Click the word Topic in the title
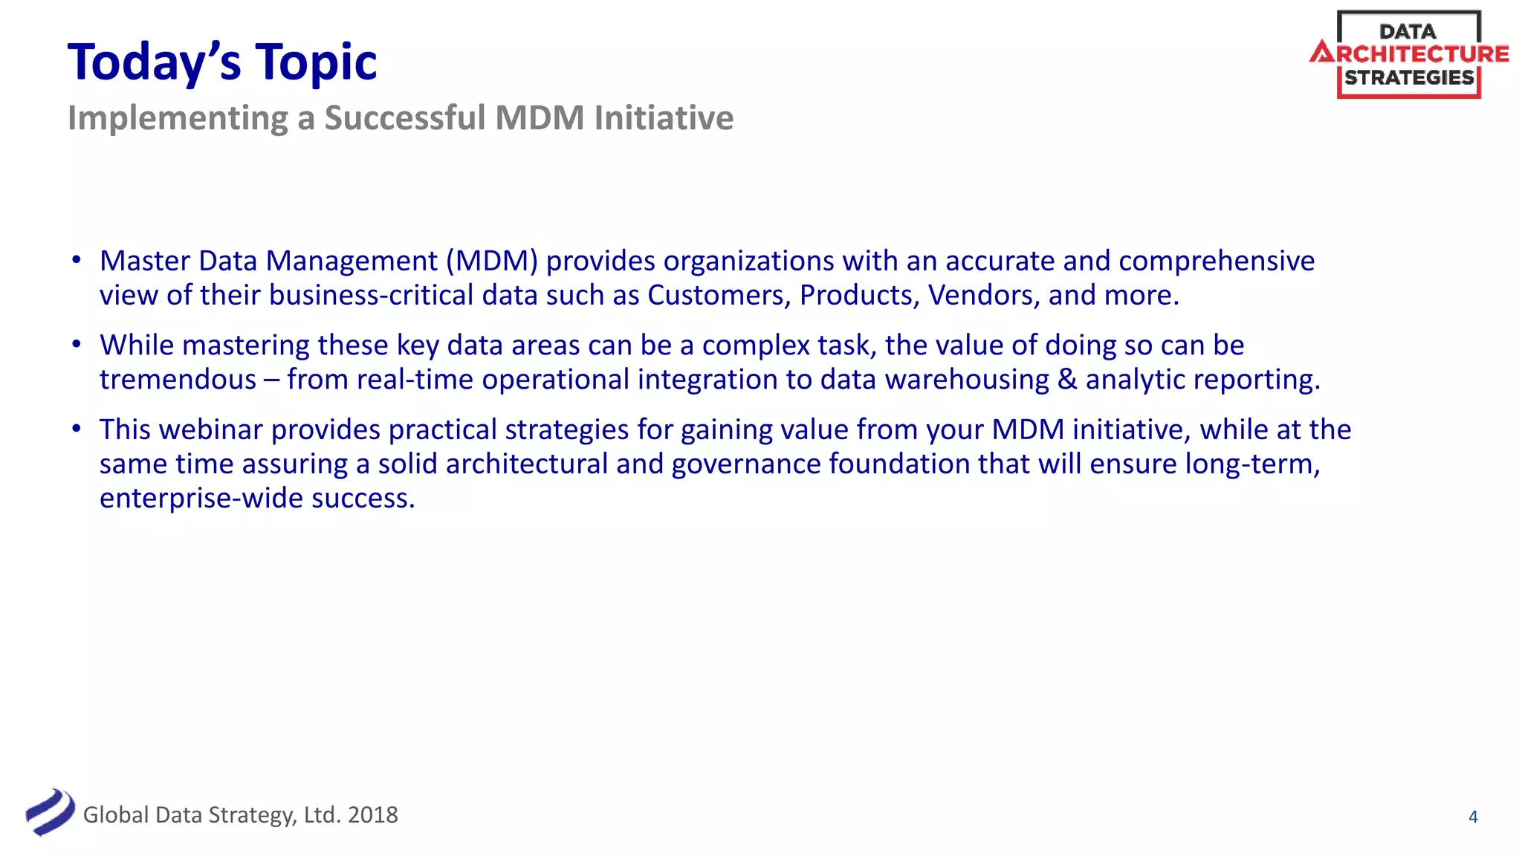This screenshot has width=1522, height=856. pyautogui.click(x=316, y=62)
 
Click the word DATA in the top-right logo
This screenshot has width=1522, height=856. pyautogui.click(x=1408, y=32)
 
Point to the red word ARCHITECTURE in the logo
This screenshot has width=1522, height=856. pyautogui.click(x=1409, y=54)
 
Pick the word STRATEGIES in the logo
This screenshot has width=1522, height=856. pyautogui.click(x=1409, y=77)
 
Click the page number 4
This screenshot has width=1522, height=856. pyautogui.click(x=1473, y=817)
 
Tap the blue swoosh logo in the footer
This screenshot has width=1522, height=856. pyautogui.click(x=50, y=812)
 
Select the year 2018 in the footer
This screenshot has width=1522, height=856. pyautogui.click(x=372, y=815)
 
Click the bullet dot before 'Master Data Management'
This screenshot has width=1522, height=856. pyautogui.click(x=76, y=260)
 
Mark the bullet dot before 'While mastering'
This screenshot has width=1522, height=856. pyautogui.click(x=76, y=344)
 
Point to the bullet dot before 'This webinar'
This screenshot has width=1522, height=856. pyautogui.click(x=76, y=429)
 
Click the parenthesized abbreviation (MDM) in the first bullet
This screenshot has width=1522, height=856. pyautogui.click(x=491, y=261)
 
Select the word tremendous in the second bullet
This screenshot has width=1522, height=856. pyautogui.click(x=178, y=380)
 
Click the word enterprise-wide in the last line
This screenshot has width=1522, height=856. pyautogui.click(x=201, y=498)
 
